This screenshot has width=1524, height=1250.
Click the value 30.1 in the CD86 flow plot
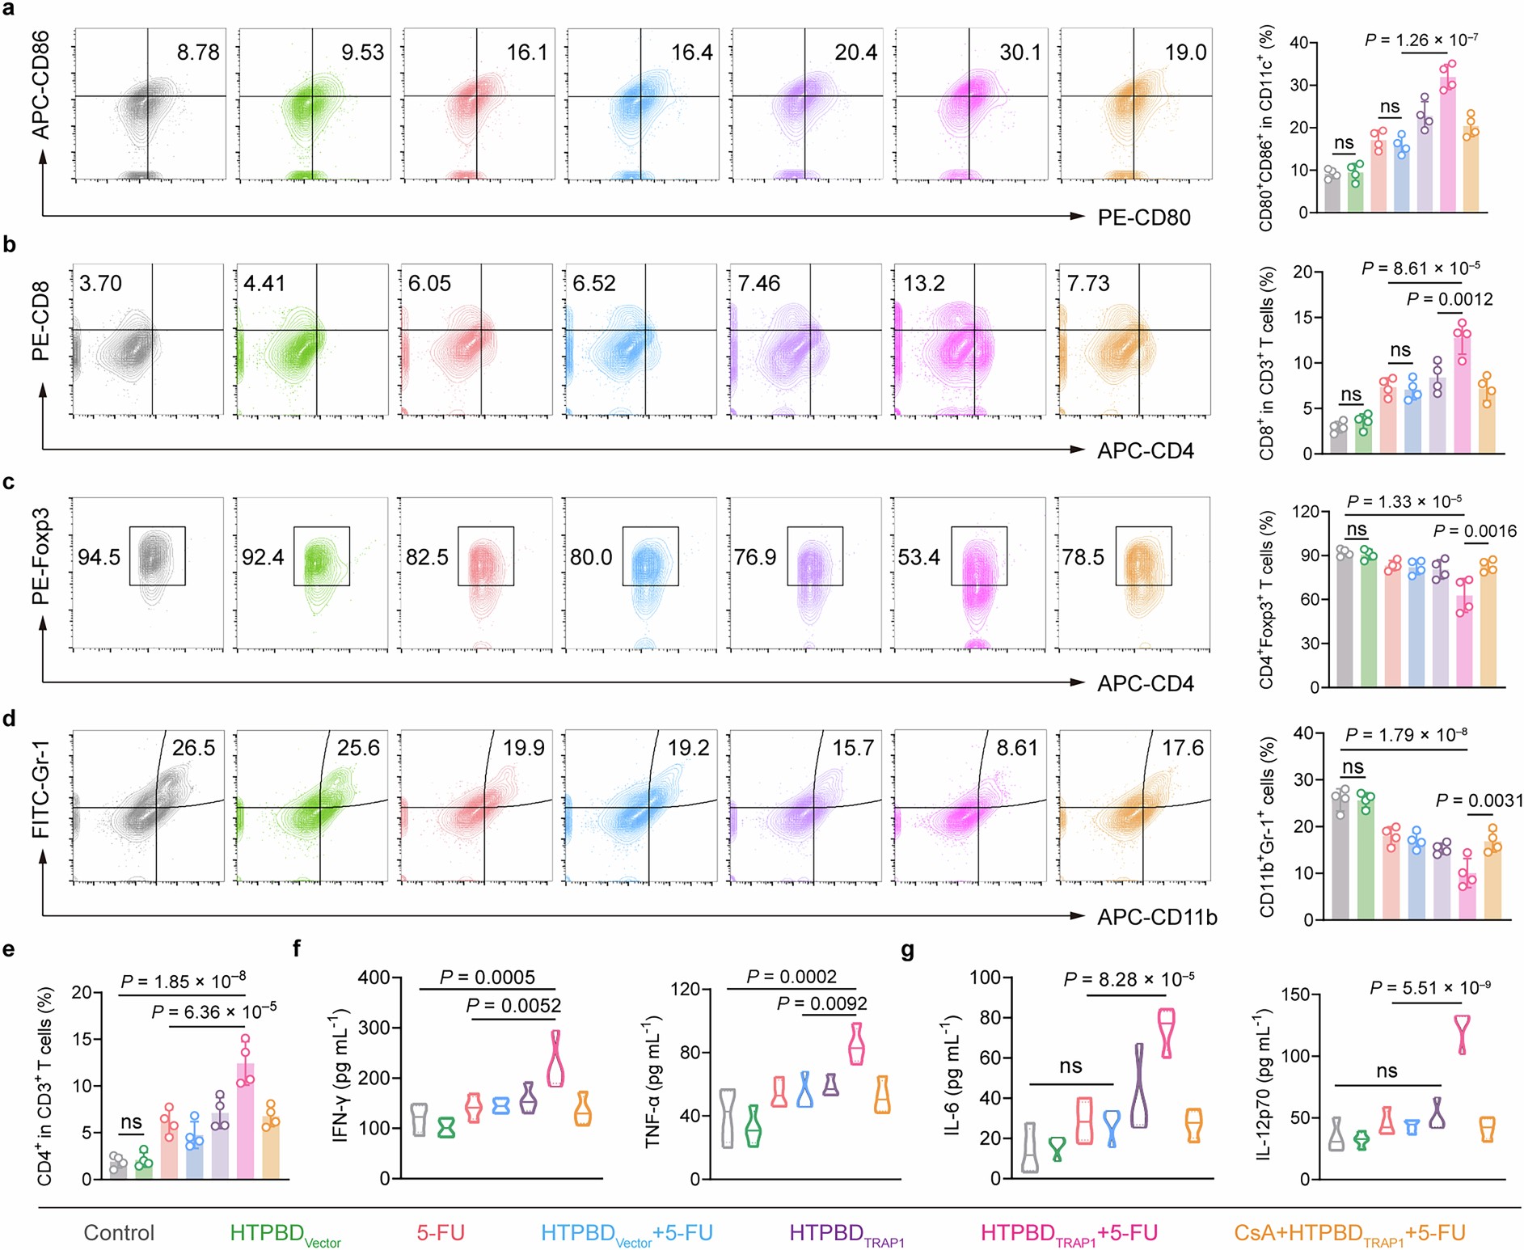tap(1020, 53)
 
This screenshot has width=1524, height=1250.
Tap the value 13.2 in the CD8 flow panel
tap(924, 283)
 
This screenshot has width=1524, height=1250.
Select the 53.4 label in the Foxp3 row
tap(919, 557)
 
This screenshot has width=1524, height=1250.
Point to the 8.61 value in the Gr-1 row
tap(1016, 747)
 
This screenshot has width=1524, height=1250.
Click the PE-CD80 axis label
tap(1143, 217)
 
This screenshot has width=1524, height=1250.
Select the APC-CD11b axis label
tap(1156, 917)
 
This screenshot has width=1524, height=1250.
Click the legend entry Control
tap(119, 1232)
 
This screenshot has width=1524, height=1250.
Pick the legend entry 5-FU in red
tap(441, 1232)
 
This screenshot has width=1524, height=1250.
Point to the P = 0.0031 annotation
tap(1479, 800)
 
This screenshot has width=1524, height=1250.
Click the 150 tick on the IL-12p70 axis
tap(1295, 995)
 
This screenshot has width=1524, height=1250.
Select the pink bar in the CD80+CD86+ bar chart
tap(1447, 146)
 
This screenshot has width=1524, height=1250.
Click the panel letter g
tap(908, 949)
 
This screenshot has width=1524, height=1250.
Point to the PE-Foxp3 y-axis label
tap(40, 556)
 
